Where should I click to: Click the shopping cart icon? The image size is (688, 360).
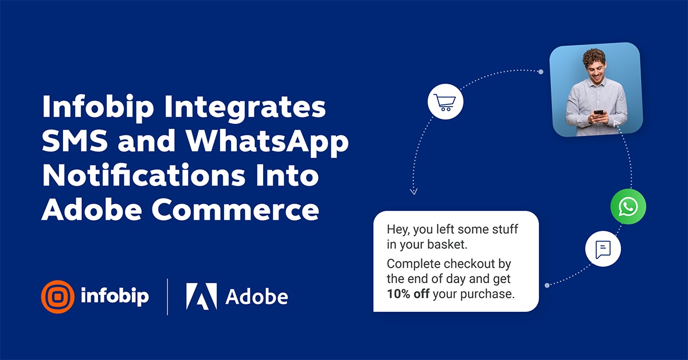click(445, 103)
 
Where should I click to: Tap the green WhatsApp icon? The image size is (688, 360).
click(628, 206)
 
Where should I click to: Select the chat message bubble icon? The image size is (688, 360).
click(603, 249)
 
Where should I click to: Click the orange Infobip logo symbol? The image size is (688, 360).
click(57, 296)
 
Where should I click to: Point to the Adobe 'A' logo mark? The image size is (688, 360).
click(201, 296)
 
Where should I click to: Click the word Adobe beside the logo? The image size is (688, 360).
click(256, 296)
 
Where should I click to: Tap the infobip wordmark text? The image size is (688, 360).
click(115, 296)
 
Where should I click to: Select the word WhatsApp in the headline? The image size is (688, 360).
click(268, 142)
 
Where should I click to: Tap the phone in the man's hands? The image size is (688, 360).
click(599, 115)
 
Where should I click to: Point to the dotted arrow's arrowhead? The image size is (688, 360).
click(414, 191)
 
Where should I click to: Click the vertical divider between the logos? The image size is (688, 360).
click(167, 296)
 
